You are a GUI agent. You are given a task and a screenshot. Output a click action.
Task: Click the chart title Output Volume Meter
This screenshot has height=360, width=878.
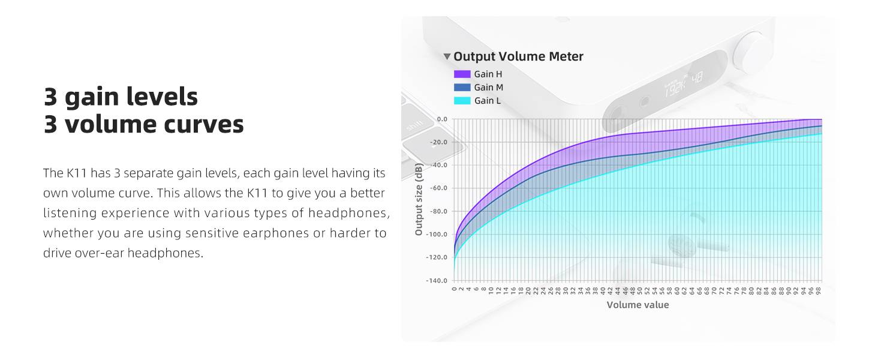click(518, 56)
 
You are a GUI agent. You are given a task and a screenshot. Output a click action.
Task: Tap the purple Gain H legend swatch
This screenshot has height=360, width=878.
click(462, 74)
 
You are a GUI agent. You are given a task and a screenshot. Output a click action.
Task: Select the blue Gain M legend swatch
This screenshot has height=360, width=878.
click(462, 88)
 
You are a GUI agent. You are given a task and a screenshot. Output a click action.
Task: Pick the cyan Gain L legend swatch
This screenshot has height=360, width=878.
click(462, 101)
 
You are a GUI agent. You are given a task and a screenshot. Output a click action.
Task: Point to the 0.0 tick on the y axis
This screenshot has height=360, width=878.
click(442, 119)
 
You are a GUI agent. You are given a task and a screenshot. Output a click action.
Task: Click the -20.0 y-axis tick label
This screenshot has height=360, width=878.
click(439, 142)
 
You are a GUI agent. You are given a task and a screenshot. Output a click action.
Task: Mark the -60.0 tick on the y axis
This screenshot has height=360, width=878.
click(439, 188)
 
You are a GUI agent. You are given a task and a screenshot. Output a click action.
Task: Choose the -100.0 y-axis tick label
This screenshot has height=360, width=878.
click(437, 235)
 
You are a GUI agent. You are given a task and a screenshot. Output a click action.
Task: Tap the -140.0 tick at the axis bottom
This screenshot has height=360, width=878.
click(437, 281)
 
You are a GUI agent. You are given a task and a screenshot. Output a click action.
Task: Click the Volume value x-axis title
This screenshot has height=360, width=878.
click(638, 305)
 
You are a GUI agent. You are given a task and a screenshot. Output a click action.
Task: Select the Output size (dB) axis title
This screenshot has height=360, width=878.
click(419, 199)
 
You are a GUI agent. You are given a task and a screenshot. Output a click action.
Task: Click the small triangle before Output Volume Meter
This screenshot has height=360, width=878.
click(447, 57)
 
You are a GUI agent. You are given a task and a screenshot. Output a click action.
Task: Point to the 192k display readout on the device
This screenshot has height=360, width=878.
click(675, 89)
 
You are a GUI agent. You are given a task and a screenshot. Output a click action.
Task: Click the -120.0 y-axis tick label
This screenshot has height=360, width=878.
click(437, 257)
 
